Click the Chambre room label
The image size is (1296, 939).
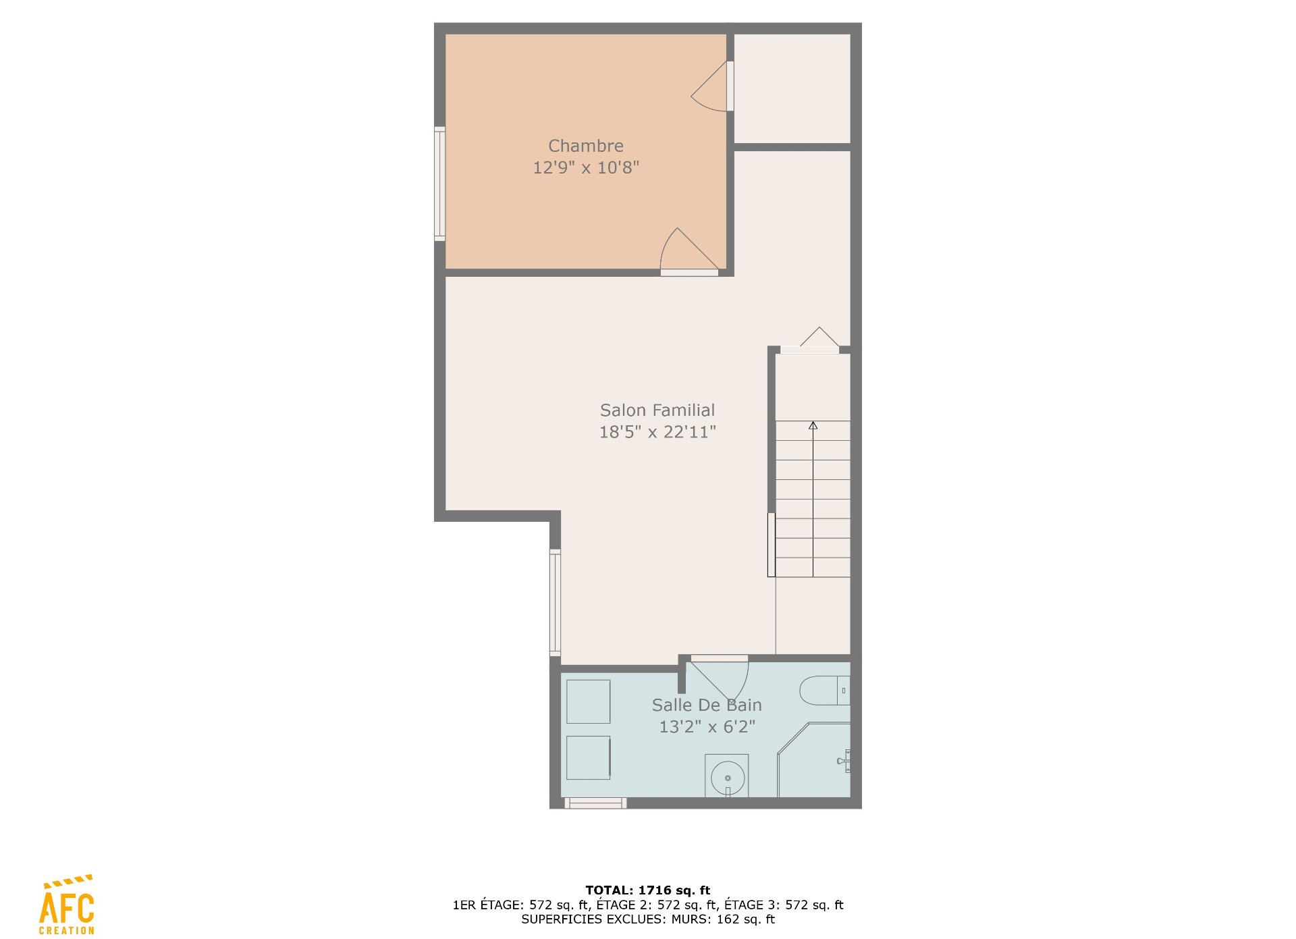pos(586,146)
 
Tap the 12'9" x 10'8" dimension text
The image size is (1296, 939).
pos(586,167)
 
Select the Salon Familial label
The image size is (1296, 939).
pos(657,410)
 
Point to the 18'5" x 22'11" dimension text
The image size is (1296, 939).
pos(657,432)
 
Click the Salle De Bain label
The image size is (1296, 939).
pos(707,705)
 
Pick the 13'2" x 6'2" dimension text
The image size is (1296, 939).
pos(707,727)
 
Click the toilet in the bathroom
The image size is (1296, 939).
pos(825,691)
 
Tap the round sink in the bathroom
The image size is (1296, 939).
pos(727,776)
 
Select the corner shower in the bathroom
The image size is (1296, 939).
pos(814,759)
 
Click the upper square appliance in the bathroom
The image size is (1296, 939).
pos(588,702)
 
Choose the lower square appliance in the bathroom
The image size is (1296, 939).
pos(589,757)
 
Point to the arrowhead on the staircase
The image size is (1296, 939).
pos(813,425)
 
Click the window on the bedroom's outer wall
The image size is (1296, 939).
pos(439,184)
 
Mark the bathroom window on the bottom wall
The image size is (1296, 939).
pos(595,803)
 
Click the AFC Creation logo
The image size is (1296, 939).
pos(67,905)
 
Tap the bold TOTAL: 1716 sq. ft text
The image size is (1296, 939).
pos(648,890)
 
